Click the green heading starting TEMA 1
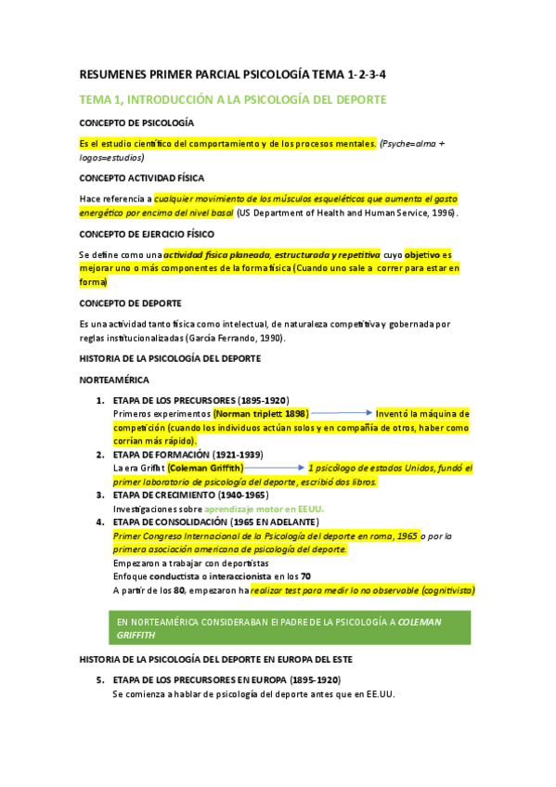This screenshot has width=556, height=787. coord(232,98)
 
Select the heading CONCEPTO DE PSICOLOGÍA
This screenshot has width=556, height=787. coord(136,123)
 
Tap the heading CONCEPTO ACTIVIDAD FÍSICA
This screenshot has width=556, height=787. coord(141,177)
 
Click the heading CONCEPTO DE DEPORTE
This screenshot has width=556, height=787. coord(130,303)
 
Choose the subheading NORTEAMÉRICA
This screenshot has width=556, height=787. coord(114,381)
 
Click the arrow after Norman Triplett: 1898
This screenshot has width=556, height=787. coord(341,413)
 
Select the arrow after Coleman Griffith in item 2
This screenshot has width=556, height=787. coord(275,469)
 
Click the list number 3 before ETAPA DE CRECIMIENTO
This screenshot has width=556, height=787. coord(101,495)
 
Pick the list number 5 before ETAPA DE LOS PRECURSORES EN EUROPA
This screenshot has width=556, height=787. coord(101,680)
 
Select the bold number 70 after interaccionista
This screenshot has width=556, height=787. coord(305,575)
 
